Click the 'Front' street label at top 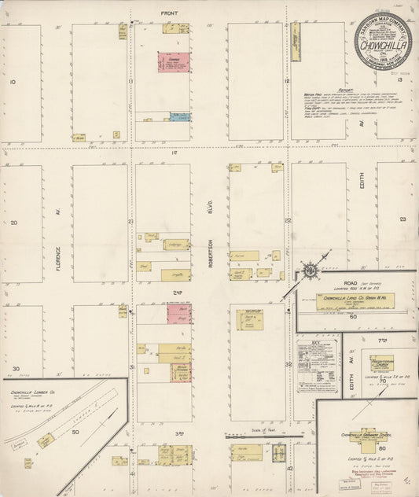point(169,13)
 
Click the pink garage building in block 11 point(173,62)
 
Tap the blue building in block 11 point(180,117)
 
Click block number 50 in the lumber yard point(75,433)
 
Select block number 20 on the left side point(14,223)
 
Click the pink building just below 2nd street point(179,314)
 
